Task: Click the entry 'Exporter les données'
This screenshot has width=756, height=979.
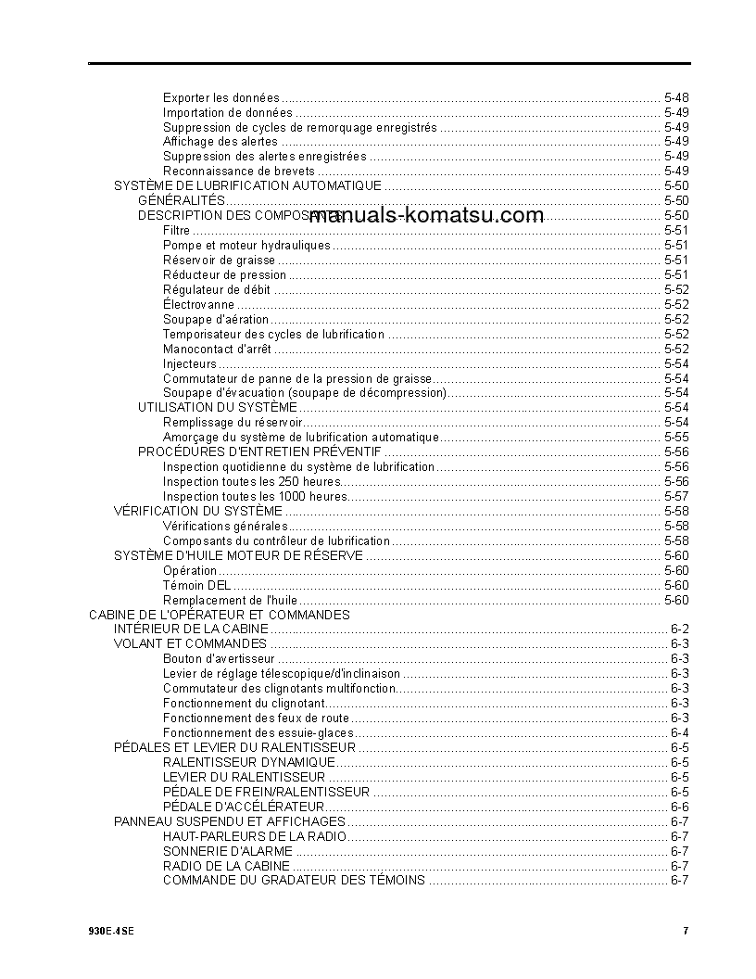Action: coord(220,97)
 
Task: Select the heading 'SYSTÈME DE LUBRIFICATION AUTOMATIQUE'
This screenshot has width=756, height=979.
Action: coord(247,186)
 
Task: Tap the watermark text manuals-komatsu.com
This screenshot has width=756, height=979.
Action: coord(428,216)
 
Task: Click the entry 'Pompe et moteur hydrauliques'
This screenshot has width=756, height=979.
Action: coord(246,246)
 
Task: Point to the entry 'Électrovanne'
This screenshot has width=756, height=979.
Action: coord(198,305)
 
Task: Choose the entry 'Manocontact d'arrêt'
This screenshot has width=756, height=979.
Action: coord(217,350)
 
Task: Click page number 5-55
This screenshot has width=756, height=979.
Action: coord(676,437)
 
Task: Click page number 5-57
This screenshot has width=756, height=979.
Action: coord(676,496)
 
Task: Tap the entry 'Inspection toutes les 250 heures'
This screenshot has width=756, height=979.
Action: coord(252,481)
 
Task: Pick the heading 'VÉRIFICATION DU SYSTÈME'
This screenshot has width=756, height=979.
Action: coord(198,511)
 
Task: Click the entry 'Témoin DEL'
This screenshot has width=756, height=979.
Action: coord(197,585)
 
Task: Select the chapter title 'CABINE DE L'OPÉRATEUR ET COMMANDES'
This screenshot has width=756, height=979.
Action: coord(220,615)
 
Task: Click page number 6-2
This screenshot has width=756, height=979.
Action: coord(679,629)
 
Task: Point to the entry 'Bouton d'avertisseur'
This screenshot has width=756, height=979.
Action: coord(219,659)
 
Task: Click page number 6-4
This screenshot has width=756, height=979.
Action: coord(679,733)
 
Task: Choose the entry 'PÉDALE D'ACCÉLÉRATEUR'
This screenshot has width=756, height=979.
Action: coord(244,807)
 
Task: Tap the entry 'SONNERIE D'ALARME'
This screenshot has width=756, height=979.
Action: coord(228,851)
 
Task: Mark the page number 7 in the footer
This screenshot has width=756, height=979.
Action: coord(686,931)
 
